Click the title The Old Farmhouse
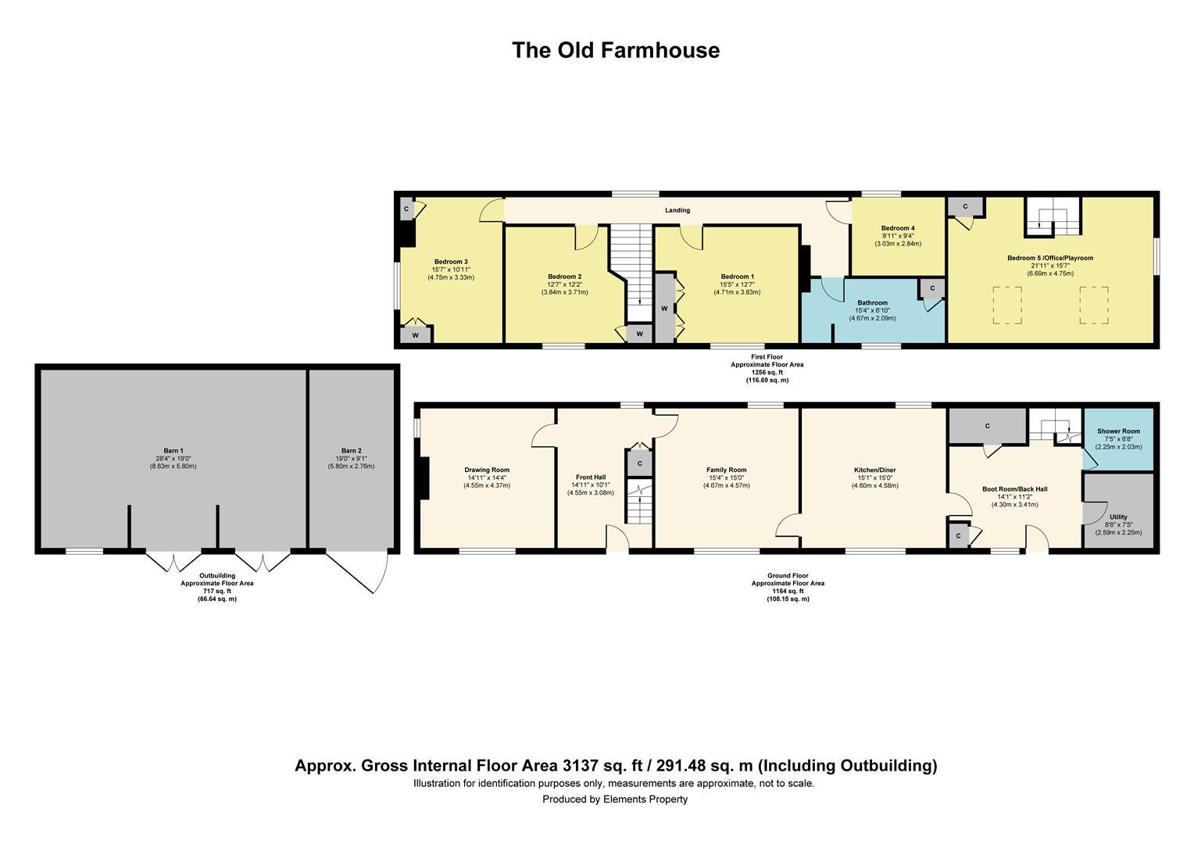615,50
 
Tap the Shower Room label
1118,431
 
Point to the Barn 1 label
173,459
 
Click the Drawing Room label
488,470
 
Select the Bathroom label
872,303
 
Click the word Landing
677,210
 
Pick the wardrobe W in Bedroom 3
415,335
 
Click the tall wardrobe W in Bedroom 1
664,309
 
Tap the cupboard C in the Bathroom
931,288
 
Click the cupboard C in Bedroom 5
965,207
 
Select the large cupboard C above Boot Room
987,426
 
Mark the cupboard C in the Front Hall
639,463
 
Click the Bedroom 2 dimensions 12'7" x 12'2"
564,284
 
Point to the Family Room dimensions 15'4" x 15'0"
727,478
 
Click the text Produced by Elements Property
615,799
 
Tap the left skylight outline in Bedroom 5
1007,306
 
